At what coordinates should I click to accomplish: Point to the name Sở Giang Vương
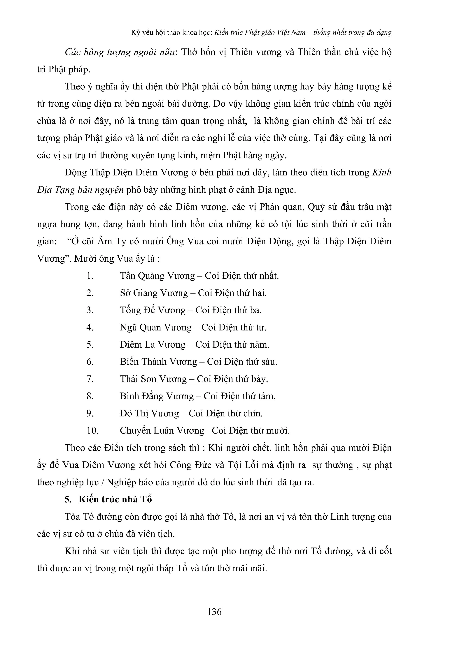[154, 293]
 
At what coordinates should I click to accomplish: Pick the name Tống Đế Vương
[153, 310]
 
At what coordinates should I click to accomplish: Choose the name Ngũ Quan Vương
[156, 328]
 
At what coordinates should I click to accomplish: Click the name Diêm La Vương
[153, 345]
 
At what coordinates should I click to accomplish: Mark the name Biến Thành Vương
[158, 362]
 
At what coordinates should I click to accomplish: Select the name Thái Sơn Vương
[153, 379]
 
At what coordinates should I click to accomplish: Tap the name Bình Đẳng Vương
[157, 396]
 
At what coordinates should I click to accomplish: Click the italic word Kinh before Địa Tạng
[382, 172]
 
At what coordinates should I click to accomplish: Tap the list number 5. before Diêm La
[90, 345]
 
